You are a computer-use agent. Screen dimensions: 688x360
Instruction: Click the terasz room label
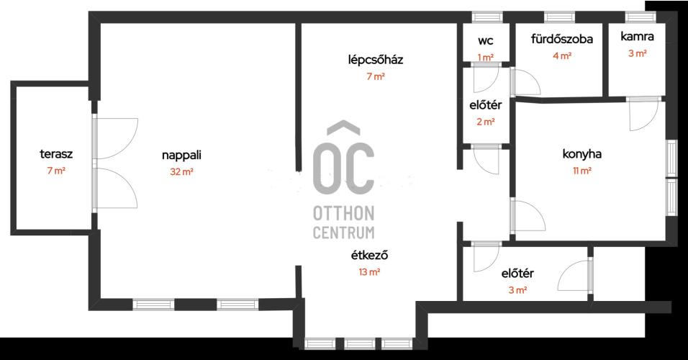(x=56, y=154)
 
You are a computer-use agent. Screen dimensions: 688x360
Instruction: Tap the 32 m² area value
(x=181, y=171)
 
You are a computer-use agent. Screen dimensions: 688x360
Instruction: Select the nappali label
(x=181, y=156)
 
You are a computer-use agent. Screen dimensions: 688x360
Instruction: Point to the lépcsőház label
(x=376, y=60)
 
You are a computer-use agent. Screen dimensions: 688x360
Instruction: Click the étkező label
(x=369, y=255)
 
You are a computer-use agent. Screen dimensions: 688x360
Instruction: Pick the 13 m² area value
(x=369, y=271)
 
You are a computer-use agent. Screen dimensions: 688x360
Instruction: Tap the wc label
(x=486, y=41)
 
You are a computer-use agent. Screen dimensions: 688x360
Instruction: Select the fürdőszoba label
(x=562, y=39)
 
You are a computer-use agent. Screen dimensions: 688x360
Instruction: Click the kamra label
(x=637, y=37)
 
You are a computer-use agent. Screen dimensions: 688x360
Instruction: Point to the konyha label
(x=581, y=154)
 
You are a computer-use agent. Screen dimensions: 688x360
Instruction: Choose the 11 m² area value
(x=581, y=171)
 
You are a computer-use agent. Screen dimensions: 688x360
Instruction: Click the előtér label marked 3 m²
(x=517, y=274)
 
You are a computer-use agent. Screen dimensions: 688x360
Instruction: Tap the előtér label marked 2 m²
(x=486, y=105)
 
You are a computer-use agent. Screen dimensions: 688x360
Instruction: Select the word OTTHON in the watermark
(x=343, y=214)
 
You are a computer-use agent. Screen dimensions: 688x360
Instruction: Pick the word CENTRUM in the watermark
(x=343, y=233)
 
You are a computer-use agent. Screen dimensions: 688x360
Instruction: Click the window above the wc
(x=487, y=17)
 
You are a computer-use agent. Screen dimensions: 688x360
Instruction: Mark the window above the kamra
(x=641, y=17)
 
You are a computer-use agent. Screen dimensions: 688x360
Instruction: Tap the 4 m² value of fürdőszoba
(x=562, y=55)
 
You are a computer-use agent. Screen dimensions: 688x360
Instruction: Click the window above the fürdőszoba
(x=559, y=17)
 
